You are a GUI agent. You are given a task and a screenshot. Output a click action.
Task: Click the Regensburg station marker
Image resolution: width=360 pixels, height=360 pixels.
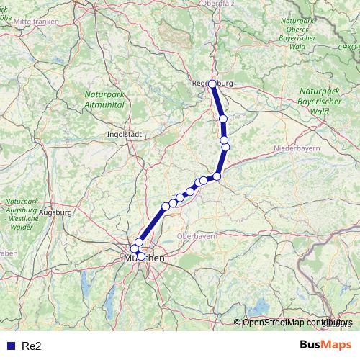coord(212,84)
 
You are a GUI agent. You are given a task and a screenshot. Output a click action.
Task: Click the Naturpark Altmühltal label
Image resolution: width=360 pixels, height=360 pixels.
coord(105,99)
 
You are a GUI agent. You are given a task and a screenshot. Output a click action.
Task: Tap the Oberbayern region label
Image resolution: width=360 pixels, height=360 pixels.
coord(197,236)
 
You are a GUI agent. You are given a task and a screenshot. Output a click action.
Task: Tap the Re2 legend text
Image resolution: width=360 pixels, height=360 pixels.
coord(32,346)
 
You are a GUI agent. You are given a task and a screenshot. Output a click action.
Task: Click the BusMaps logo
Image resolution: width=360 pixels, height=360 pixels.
coord(325,345)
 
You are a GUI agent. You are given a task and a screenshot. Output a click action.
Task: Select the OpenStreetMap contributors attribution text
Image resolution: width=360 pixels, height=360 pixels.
coord(297,323)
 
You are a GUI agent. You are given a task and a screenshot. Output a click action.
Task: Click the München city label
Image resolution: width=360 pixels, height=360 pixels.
coord(144,257)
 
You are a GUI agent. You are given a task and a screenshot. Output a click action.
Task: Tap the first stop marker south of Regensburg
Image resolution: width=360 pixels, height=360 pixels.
coord(223,119)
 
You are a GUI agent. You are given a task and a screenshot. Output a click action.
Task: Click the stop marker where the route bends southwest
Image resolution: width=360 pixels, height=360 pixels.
coord(217,176)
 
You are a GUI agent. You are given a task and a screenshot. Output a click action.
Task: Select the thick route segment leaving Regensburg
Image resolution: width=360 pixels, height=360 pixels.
coord(217,101)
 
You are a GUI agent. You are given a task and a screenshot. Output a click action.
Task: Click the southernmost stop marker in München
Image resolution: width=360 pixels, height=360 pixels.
coord(141,256)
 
